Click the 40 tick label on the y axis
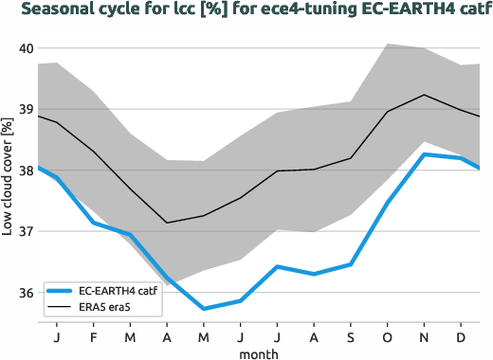tap(26, 48)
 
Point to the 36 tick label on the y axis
tap(26, 292)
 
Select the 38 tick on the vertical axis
tap(26, 171)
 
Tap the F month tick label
tap(94, 337)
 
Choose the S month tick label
tap(351, 337)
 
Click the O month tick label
tap(388, 337)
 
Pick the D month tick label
tap(461, 337)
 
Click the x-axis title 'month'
tap(258, 352)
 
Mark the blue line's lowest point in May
tap(204, 309)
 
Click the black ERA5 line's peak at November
tap(424, 95)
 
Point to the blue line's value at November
tap(424, 154)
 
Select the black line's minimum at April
tap(167, 223)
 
